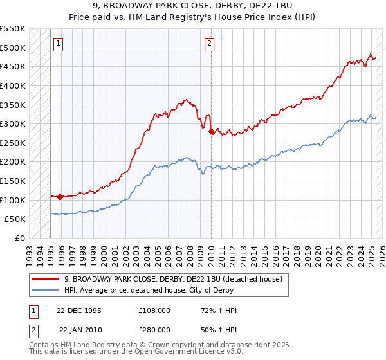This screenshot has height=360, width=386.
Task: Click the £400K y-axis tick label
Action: click(13, 85)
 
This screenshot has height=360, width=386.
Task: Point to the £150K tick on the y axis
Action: click(13, 181)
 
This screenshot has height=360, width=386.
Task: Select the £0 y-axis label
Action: click(20, 238)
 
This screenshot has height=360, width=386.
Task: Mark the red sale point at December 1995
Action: click(60, 197)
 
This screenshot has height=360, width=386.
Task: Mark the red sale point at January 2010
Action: click(212, 131)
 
